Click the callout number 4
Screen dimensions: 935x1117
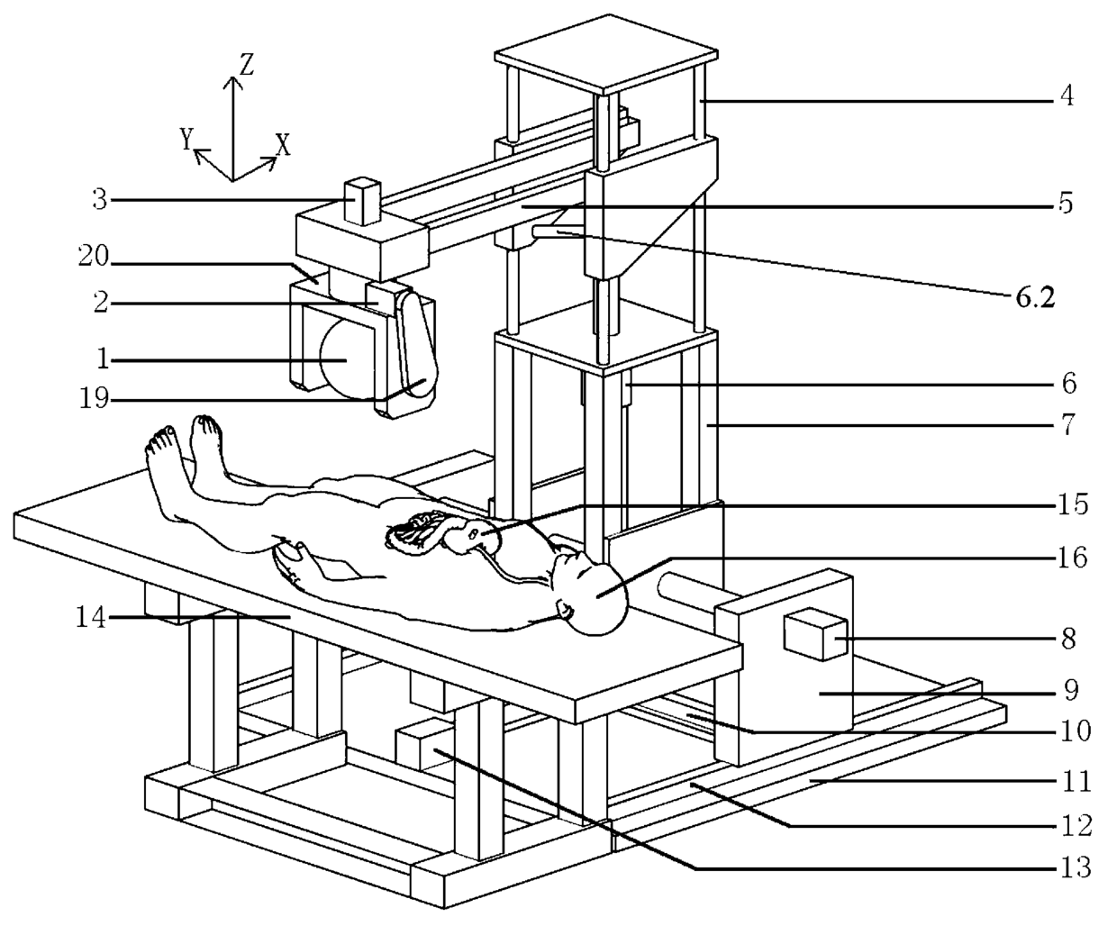[x=1066, y=95]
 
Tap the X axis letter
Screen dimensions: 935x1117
[x=283, y=145]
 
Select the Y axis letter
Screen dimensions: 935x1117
[x=186, y=138]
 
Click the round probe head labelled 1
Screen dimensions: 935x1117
[x=345, y=360]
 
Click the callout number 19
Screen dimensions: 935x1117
[x=94, y=397]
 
